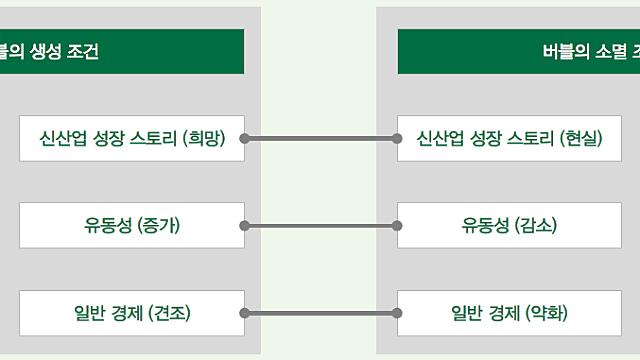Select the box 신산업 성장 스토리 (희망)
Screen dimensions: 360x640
pyautogui.click(x=131, y=138)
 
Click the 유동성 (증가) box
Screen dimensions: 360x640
pyautogui.click(x=131, y=225)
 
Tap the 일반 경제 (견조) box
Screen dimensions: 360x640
pyautogui.click(x=131, y=313)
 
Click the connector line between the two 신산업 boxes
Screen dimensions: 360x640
pyautogui.click(x=320, y=138)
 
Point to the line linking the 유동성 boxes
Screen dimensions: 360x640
pyautogui.click(x=320, y=225)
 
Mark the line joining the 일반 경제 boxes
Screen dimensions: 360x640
pyautogui.click(x=320, y=313)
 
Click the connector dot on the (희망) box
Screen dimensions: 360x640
pyautogui.click(x=244, y=138)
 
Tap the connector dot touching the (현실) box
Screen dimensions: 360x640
pyautogui.click(x=397, y=138)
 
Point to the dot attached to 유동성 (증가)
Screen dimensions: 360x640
pyautogui.click(x=244, y=225)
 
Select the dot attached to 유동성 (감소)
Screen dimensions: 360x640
pyautogui.click(x=397, y=225)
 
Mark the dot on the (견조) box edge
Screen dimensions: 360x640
pyautogui.click(x=244, y=313)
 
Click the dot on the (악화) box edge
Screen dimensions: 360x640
pyautogui.click(x=397, y=313)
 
